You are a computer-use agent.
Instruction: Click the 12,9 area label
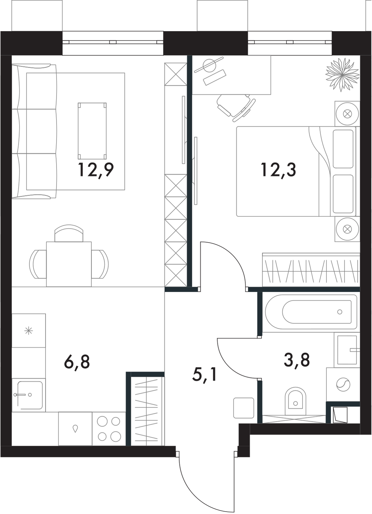(x=96, y=170)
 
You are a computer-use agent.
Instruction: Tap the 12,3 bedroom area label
(x=278, y=170)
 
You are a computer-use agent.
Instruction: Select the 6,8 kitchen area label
(x=77, y=362)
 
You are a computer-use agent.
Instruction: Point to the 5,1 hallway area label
(x=204, y=374)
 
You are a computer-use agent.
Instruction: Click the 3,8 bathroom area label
(x=297, y=360)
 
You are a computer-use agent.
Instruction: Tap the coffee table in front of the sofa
(x=92, y=131)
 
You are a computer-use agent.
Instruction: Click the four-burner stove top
(x=109, y=429)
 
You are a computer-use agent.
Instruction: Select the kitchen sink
(x=28, y=395)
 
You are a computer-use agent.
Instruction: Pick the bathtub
(x=311, y=312)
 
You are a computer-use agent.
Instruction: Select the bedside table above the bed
(x=347, y=114)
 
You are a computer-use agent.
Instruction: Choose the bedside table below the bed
(x=347, y=229)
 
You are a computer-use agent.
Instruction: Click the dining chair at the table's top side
(x=69, y=234)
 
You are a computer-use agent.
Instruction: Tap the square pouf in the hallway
(x=244, y=407)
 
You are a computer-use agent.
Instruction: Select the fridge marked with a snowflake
(x=29, y=331)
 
